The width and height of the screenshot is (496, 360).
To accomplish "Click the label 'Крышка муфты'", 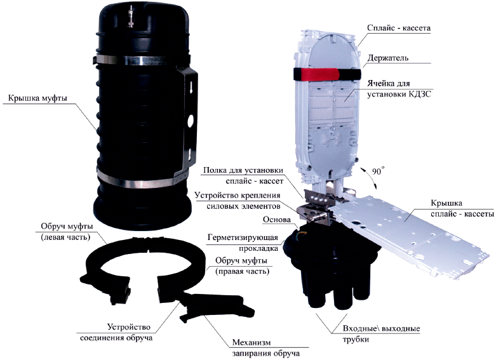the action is click(38, 98).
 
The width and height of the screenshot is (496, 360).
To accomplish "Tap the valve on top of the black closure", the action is click(130, 18).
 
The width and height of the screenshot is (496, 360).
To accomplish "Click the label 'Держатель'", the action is click(387, 58).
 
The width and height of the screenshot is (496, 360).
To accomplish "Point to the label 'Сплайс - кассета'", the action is click(399, 28).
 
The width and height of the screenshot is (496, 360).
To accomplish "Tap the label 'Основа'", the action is click(276, 219).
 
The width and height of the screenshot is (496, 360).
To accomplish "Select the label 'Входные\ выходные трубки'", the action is click(381, 334).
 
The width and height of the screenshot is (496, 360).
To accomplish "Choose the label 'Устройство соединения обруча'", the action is click(116, 333).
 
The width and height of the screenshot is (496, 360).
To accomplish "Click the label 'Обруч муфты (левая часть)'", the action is click(67, 232).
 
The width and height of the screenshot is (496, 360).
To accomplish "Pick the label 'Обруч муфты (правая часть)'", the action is click(242, 266).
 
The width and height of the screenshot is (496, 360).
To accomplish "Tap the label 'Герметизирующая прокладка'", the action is click(243, 243).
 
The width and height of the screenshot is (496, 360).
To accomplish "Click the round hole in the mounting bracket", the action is click(191, 121).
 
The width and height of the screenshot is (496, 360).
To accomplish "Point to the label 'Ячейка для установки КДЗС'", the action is click(399, 89).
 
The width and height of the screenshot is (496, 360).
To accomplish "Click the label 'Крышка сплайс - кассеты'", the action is click(462, 208).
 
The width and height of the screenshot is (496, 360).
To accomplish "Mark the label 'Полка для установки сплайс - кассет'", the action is click(243, 176).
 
